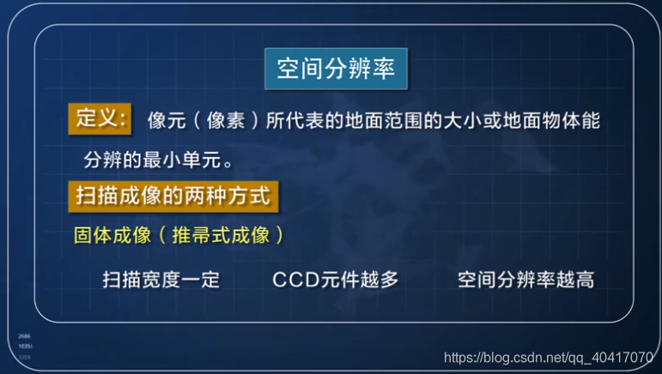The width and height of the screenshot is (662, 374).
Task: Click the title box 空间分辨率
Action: [x=336, y=69]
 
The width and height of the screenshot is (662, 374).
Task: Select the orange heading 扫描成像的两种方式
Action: [x=172, y=196]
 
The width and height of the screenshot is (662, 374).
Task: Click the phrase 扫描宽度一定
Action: [x=161, y=280]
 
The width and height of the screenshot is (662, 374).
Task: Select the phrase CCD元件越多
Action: [x=335, y=280]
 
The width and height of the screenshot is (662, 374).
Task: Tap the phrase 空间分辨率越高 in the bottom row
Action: [x=525, y=280]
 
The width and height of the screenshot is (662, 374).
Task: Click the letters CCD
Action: [x=295, y=280]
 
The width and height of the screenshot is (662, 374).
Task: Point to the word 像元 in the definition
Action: [x=167, y=120]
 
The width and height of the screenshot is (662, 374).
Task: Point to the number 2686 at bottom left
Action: [x=24, y=337]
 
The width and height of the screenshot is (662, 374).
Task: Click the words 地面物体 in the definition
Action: [x=542, y=120]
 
